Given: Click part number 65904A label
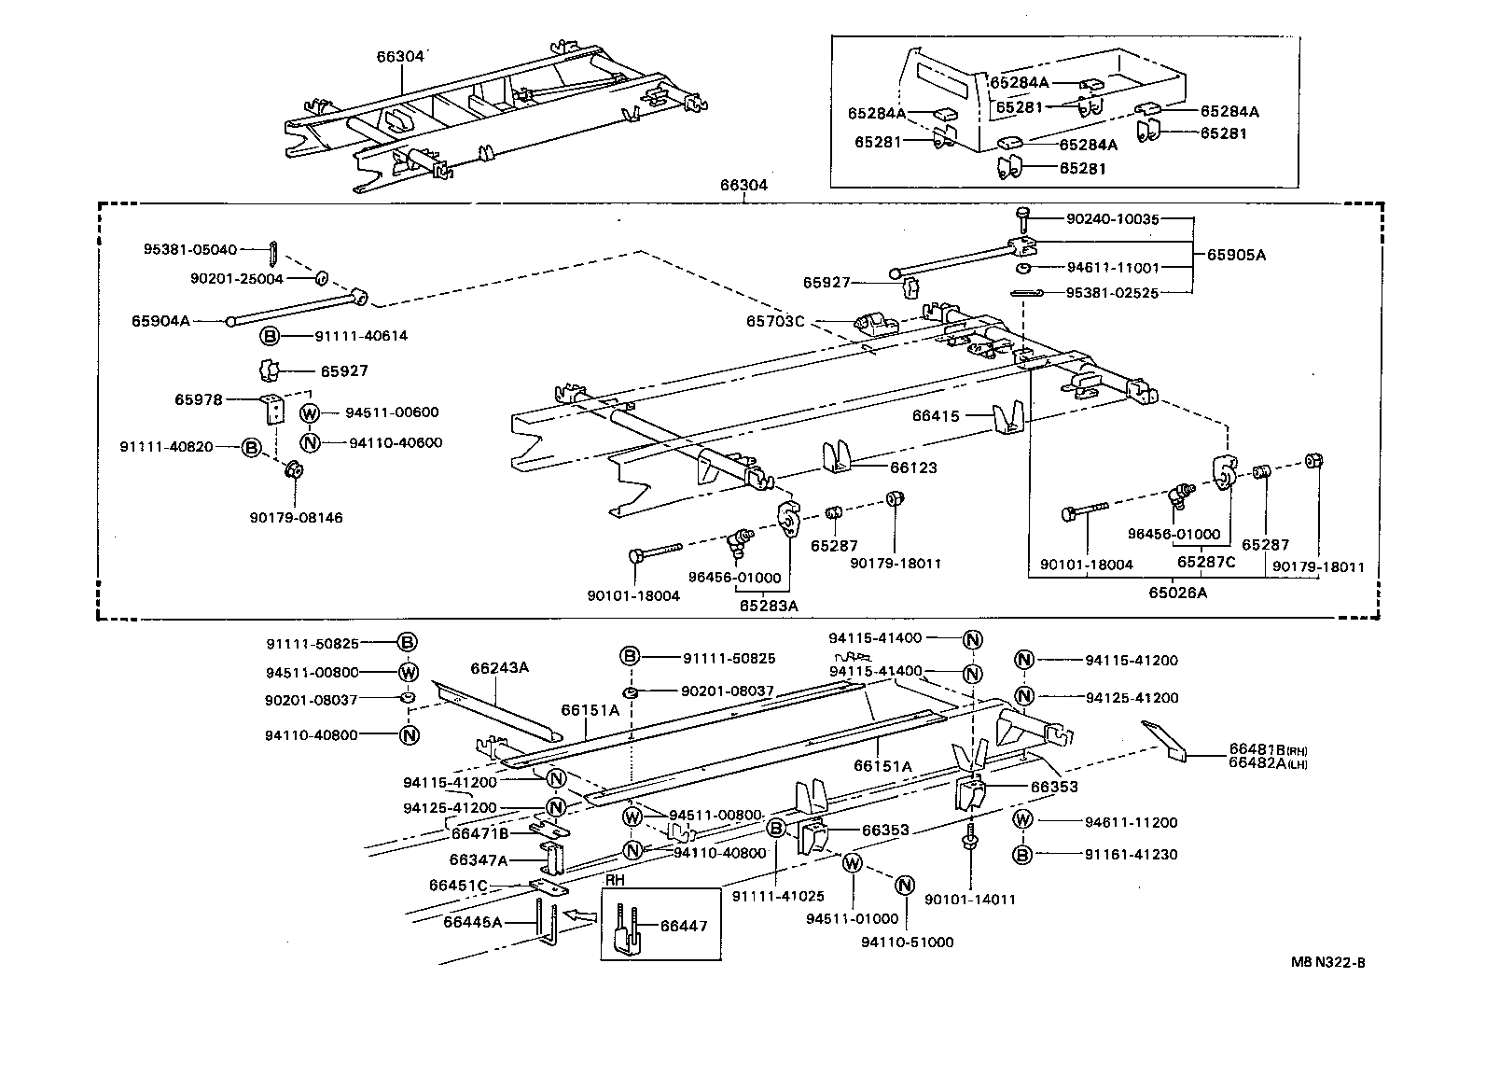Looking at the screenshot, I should tap(160, 321).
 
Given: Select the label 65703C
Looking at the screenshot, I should tap(774, 322).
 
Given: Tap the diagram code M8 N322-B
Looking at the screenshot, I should tap(1328, 963).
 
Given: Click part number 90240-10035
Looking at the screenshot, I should tap(1112, 220).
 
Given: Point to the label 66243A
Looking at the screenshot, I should tap(499, 668).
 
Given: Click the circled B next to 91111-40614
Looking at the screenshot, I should tap(269, 336).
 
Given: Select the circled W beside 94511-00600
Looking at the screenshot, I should tap(311, 413).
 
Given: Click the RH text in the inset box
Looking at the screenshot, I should tap(615, 881).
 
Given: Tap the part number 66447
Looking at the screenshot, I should tap(684, 927).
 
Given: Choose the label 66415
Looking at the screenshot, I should tap(936, 416).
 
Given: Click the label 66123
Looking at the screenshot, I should tap(913, 468).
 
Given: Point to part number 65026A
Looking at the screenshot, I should tap(1177, 593).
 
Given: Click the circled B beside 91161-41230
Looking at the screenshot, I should tap(1023, 854).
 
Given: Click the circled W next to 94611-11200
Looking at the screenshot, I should tap(1023, 822).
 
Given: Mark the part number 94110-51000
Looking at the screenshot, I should tap(908, 942).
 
